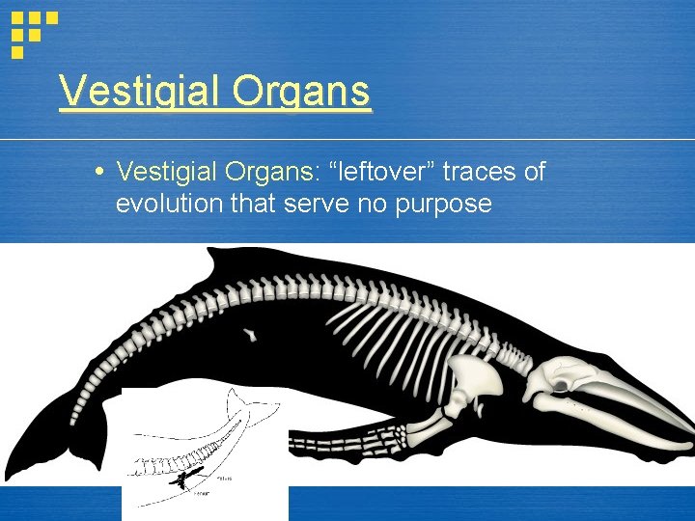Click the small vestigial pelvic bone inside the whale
[x=250, y=335]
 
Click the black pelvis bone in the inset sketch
[x=181, y=478]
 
